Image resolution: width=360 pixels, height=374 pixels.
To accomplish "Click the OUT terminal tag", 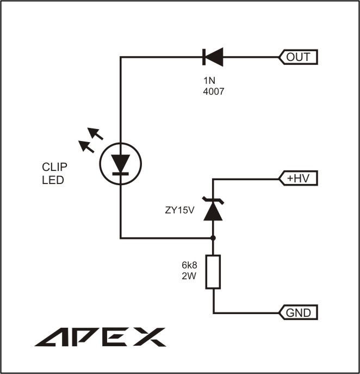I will pos(298,57).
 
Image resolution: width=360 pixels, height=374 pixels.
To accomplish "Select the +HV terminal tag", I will pos(298,178).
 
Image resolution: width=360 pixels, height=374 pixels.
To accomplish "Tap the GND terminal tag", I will pos(298,312).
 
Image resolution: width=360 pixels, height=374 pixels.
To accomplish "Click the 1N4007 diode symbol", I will pos(212,57).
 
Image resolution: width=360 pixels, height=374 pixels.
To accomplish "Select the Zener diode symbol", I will pos(212,209).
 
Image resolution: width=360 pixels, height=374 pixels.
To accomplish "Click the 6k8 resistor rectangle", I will pos(213,272).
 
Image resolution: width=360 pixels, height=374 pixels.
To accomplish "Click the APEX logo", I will pos(100,337).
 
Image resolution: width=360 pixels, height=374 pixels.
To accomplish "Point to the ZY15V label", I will pos(180,210).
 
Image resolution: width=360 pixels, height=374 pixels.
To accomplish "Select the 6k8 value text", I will pos(189,266).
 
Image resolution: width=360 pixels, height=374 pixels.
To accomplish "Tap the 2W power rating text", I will pos(189,276).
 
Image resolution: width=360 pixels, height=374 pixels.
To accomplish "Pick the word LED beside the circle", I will pos(53,179).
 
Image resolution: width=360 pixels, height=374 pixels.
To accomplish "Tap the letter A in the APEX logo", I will pos(52,337).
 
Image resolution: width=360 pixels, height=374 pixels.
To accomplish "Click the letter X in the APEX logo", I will pos(147,337).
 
